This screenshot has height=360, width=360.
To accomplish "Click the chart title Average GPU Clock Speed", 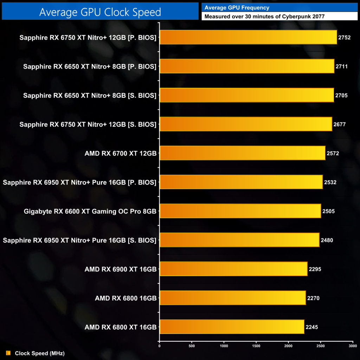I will tap(100, 12).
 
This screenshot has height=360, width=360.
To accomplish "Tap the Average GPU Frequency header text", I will tap(237, 7).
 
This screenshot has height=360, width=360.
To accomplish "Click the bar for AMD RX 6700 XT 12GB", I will tap(242, 153).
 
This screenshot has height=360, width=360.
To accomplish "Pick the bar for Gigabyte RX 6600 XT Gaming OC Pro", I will tap(240, 211).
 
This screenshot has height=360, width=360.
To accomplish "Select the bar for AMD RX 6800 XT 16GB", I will tap(232, 327).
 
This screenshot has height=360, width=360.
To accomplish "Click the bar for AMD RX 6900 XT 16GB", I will tap(233, 269).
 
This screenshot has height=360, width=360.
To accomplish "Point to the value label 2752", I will tap(345, 37).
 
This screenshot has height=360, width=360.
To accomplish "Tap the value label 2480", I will tap(327, 240).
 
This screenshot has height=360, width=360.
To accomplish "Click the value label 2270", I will tap(313, 298).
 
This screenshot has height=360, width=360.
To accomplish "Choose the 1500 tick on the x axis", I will tap(256, 346).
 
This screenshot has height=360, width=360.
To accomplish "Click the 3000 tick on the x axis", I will tap(352, 346).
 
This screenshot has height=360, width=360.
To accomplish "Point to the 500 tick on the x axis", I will tap(192, 346).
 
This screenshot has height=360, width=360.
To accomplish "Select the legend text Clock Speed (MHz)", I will tap(40, 353).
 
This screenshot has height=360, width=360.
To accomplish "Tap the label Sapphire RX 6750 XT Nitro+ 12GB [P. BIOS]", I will tap(88, 37).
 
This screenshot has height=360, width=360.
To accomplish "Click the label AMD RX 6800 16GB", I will tap(126, 298).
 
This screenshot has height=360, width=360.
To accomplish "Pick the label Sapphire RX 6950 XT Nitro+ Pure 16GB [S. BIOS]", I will tap(79, 240).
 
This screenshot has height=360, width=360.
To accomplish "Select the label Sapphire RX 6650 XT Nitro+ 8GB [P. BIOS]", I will tap(90, 66).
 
